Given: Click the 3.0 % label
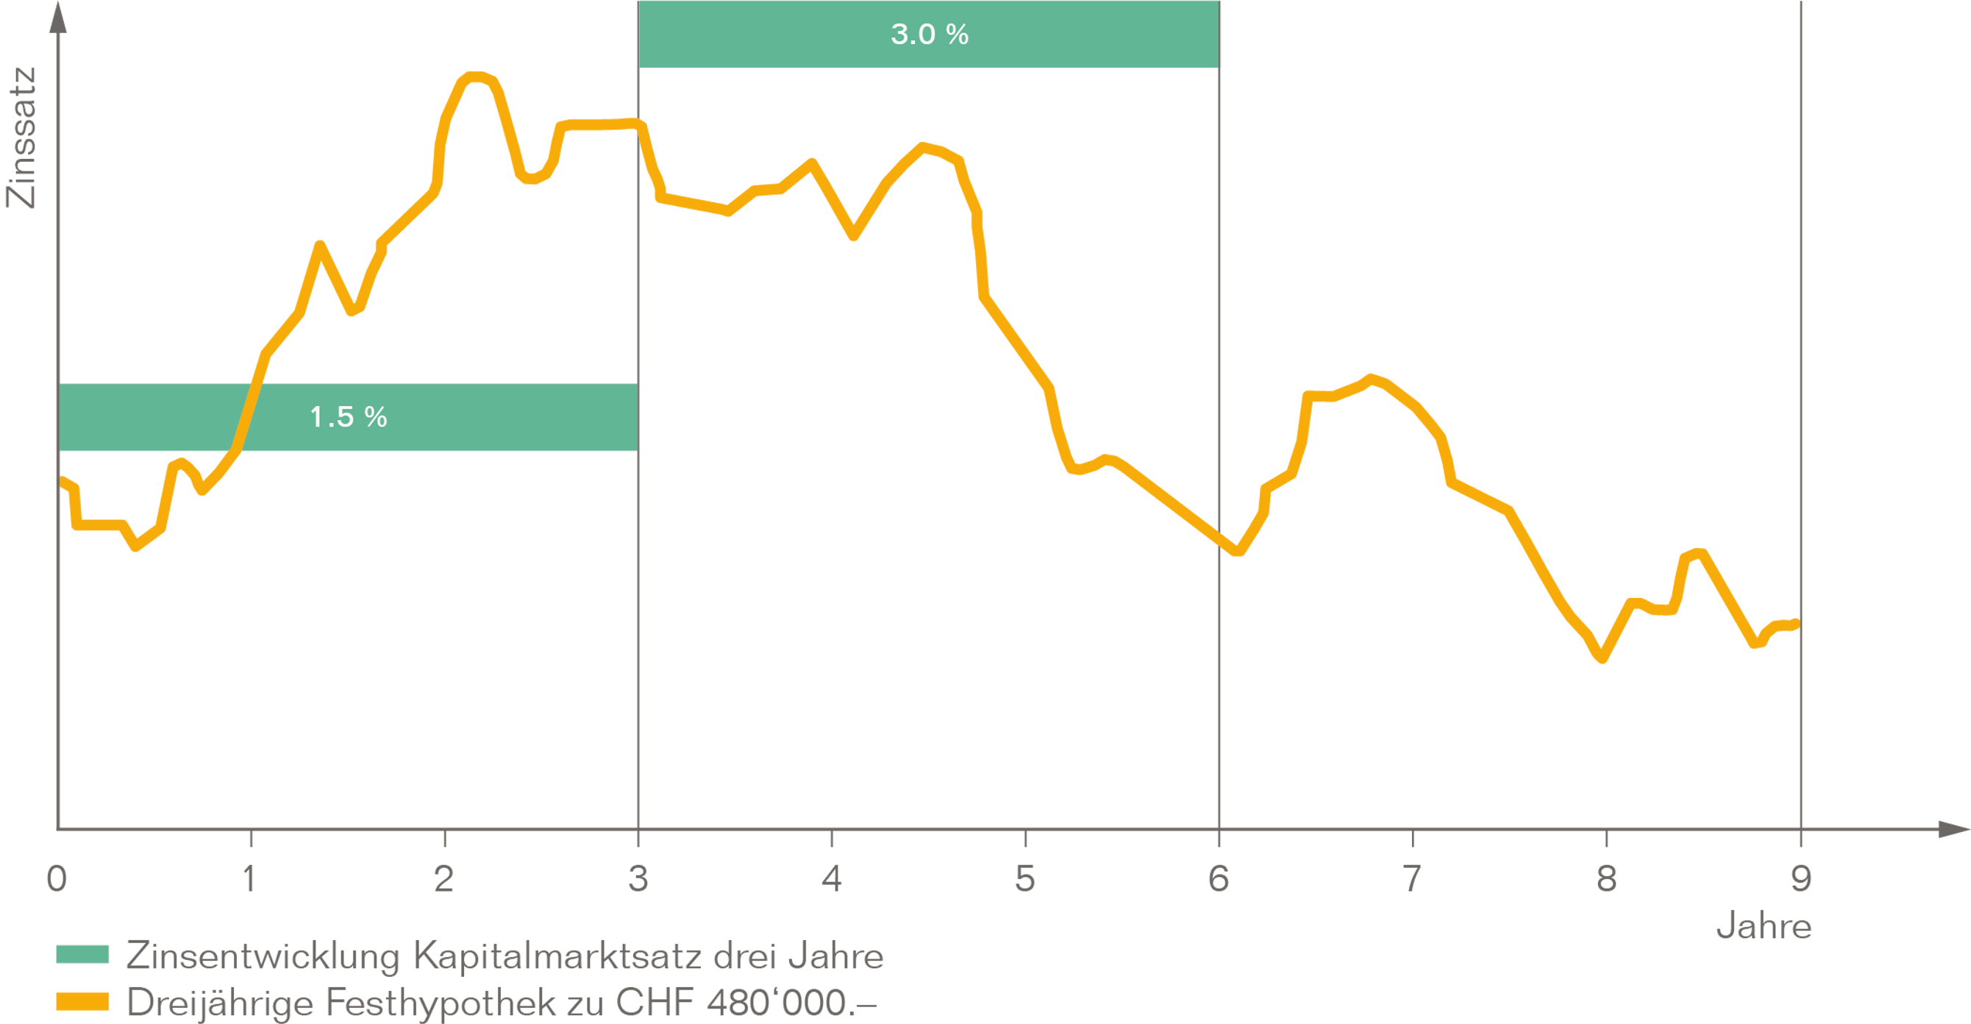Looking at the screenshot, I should pos(929,35).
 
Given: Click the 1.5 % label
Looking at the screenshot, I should pos(348,417).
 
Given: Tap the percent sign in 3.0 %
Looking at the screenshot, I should pos(956,35).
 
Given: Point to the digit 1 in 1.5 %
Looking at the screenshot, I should pos(316,417).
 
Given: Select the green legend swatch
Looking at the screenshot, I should pos(90,968).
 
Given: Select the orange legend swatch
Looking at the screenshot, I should pos(90,1008).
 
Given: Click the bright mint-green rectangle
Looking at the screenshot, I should pos(1503,184).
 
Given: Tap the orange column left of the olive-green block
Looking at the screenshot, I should pos(135,650).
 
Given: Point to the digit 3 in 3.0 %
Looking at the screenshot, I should pos(899,35).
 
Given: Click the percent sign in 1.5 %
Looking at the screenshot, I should pos(376,417).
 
